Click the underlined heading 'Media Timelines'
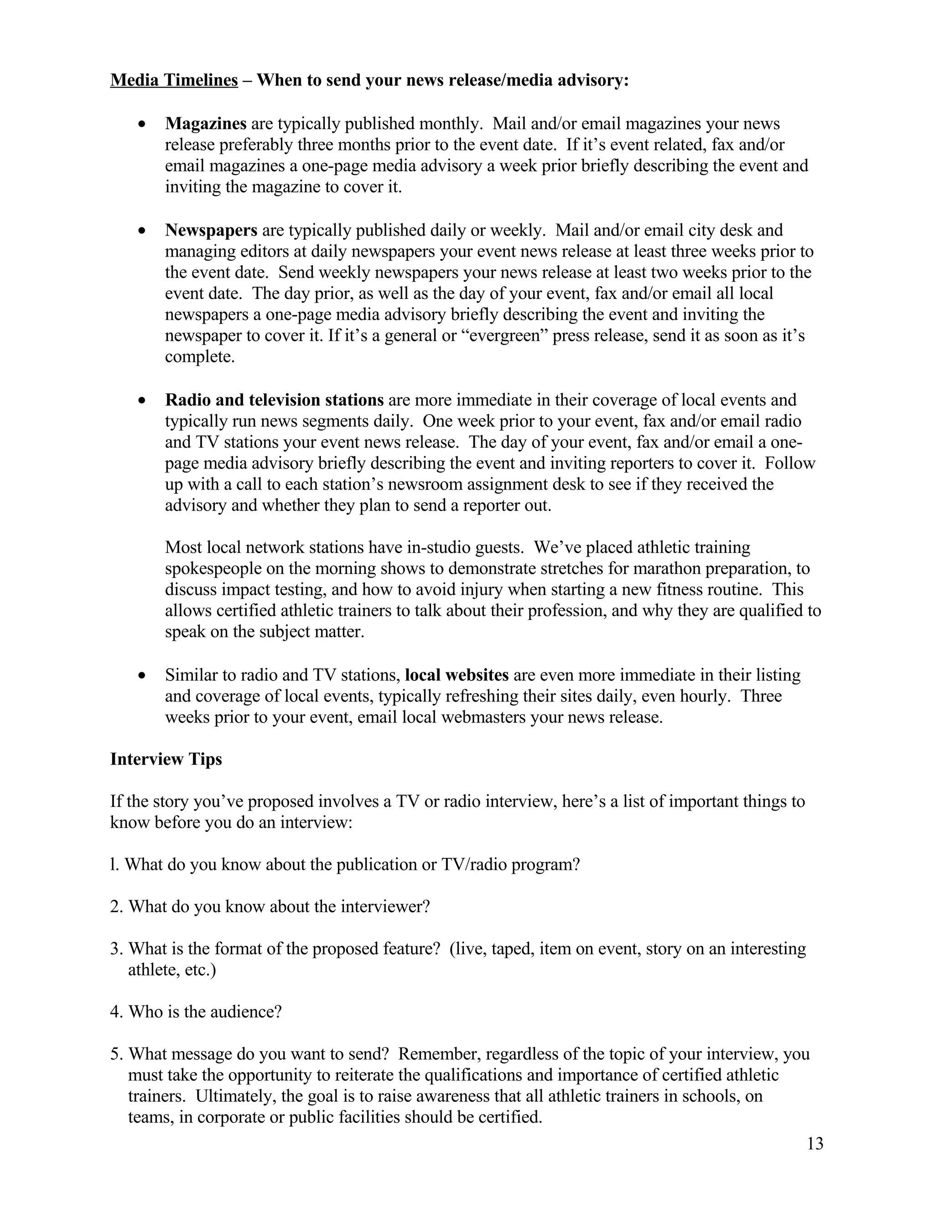point(174,80)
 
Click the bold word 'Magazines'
point(205,124)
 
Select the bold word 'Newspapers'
point(211,230)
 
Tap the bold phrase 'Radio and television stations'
point(274,400)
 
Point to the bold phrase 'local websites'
point(457,675)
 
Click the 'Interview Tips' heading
point(166,759)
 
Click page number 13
point(815,1143)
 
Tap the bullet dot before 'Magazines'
point(143,125)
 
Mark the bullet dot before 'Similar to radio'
point(143,676)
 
